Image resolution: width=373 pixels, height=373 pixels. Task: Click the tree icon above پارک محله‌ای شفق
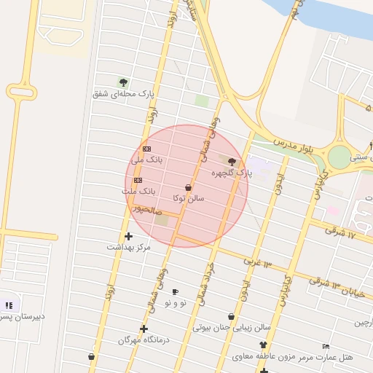tap(123, 82)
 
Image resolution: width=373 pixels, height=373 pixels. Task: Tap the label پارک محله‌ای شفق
tap(124, 93)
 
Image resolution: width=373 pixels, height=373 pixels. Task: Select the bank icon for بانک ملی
tap(147, 149)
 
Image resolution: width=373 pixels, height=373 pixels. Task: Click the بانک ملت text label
tap(138, 191)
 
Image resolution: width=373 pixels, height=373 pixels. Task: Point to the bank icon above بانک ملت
tap(138, 180)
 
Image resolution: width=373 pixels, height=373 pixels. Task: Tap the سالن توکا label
tap(189, 197)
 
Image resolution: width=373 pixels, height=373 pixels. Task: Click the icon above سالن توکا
tap(189, 187)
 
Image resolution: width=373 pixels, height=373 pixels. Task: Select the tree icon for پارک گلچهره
tap(232, 162)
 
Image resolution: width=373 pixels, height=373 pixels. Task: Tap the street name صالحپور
tap(146, 208)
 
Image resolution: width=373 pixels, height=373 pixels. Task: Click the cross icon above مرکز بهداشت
tap(129, 236)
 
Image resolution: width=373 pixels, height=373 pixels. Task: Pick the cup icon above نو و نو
tap(175, 291)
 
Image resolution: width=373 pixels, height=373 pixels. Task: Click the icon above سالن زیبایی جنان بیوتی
tap(231, 316)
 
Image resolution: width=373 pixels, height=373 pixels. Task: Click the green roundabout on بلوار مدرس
tap(339, 157)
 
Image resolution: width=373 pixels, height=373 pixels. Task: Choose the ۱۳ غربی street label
tap(256, 261)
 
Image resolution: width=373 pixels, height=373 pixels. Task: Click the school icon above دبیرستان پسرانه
tap(9, 305)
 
